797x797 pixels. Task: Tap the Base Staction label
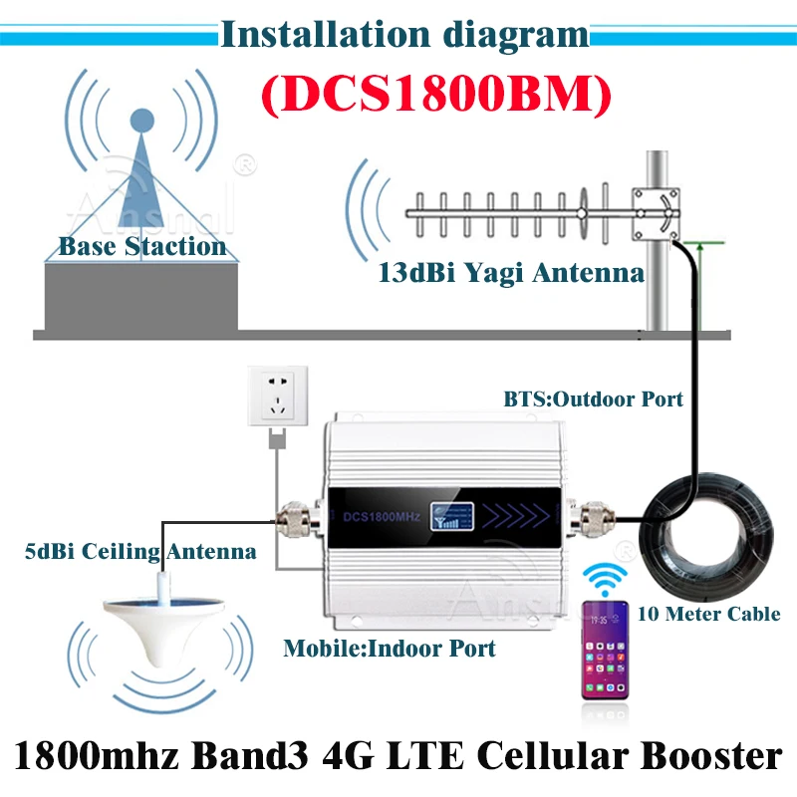142,245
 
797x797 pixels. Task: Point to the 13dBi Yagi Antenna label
510,271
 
